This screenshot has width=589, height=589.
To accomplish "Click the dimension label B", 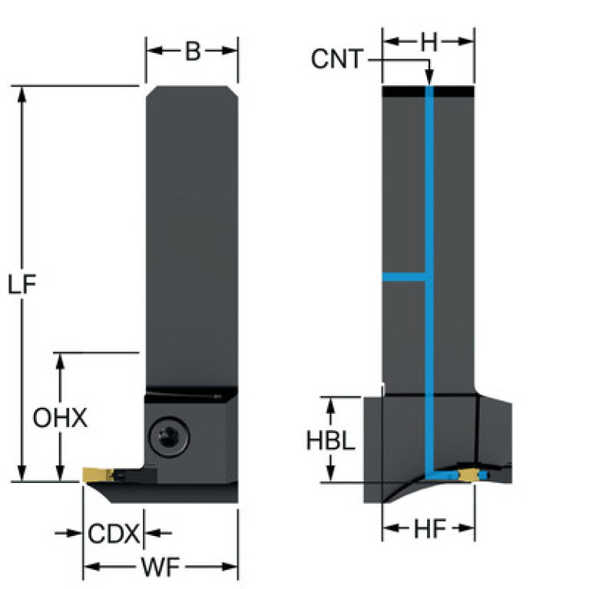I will tap(192, 51).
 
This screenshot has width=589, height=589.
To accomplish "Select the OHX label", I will tap(60, 419).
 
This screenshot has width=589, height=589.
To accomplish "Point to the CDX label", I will tap(113, 533).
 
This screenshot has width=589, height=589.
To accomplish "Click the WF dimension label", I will tap(160, 568).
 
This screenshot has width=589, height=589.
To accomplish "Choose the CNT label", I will tap(336, 59).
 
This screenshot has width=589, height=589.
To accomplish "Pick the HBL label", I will tap(330, 440).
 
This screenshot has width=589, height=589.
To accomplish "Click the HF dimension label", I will tap(429, 528).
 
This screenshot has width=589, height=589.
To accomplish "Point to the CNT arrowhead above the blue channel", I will tap(429, 78).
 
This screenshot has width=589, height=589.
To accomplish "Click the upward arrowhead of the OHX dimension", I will tap(60, 361).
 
